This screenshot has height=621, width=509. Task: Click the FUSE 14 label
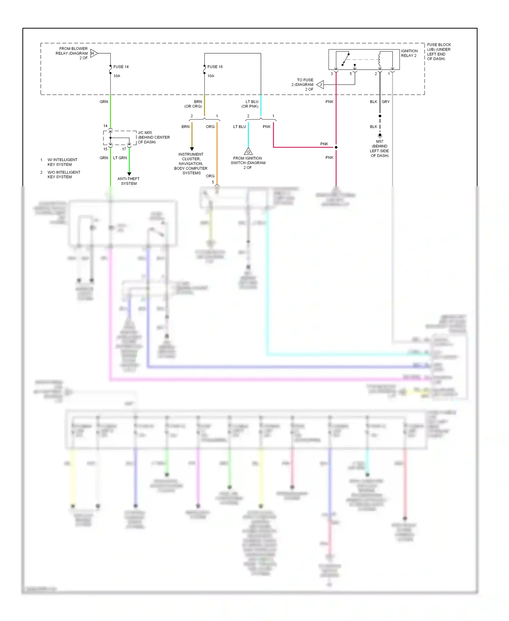(x=121, y=67)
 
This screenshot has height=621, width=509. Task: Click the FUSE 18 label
(x=215, y=67)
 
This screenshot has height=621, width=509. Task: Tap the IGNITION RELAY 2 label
(x=409, y=53)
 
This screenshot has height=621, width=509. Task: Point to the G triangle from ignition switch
(x=248, y=152)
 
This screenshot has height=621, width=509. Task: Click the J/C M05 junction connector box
(x=120, y=138)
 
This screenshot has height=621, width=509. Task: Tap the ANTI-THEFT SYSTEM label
(x=129, y=181)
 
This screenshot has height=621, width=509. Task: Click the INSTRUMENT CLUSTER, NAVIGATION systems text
(x=191, y=163)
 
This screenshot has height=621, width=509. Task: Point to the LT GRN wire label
(x=120, y=158)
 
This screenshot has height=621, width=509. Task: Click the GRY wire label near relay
(x=385, y=102)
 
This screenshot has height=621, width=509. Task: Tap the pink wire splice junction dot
(x=336, y=147)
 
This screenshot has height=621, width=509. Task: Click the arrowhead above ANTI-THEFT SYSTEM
(x=129, y=174)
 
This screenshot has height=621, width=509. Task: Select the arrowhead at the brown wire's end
(x=192, y=149)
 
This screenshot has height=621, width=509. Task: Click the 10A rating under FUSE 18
(x=211, y=76)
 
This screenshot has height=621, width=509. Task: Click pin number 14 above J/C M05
(x=105, y=126)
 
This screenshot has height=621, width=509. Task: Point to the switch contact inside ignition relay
(x=345, y=59)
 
